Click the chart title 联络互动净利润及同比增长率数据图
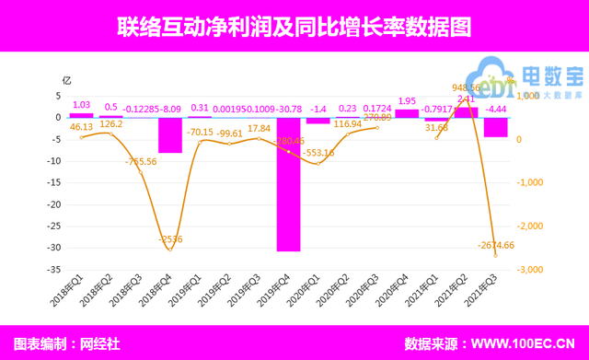click(294, 27)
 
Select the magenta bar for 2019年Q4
click(288, 184)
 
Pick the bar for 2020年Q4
click(406, 113)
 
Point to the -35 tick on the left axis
click(56, 270)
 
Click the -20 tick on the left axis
click(56, 204)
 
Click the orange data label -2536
click(169, 239)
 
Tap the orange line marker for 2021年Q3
click(495, 255)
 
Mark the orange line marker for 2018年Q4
click(169, 250)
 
